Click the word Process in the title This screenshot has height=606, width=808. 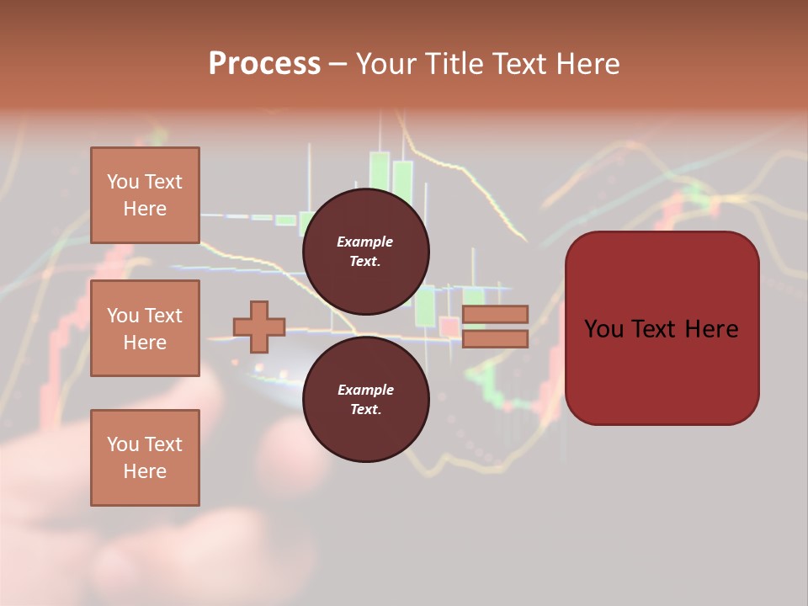coord(264,63)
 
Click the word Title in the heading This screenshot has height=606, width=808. coord(454,63)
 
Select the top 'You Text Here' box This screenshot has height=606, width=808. coord(145,195)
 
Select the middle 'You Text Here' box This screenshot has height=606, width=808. coord(145,328)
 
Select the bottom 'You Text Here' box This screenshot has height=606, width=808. coord(145,457)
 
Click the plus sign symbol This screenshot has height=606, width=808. coord(259,327)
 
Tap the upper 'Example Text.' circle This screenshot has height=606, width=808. coord(365,251)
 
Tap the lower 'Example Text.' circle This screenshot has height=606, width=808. coord(365,399)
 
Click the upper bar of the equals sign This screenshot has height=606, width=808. coord(495,315)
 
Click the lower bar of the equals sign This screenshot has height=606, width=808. coord(495,338)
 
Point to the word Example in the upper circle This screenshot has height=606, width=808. coord(365,242)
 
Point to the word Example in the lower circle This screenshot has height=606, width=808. coord(365,390)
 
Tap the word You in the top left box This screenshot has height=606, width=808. coord(122,182)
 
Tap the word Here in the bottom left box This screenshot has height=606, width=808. coord(145,471)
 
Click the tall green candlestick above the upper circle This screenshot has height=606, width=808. coord(380,173)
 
